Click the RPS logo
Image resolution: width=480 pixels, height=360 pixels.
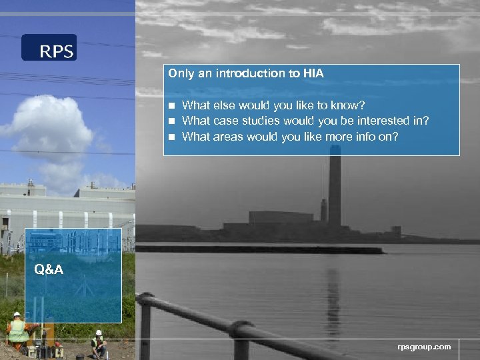[x=49, y=48]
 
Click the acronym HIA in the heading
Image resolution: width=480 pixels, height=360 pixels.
[x=313, y=74]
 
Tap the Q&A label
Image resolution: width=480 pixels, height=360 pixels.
[x=50, y=269]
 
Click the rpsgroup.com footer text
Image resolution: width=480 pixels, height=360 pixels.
[x=424, y=347]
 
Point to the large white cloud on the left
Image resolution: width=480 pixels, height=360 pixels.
[x=50, y=127]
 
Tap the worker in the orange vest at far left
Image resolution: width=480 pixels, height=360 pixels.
[x=17, y=329]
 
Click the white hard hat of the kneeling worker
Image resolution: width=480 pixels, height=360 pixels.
[x=99, y=332]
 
